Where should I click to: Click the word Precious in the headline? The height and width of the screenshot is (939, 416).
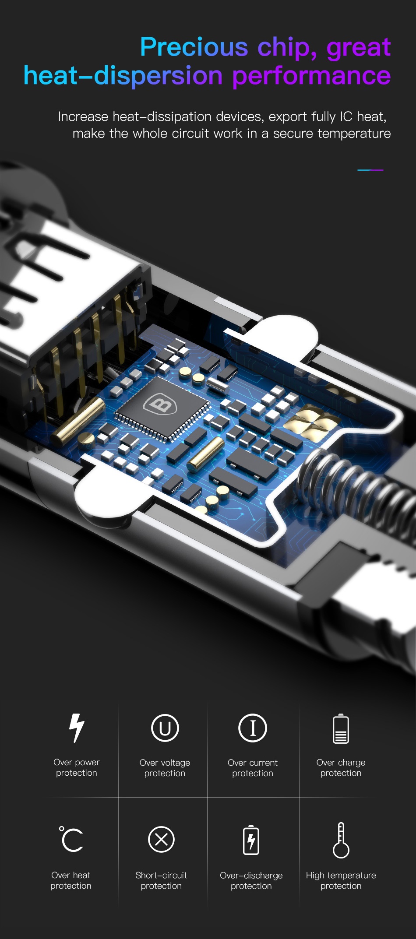pyautogui.click(x=194, y=47)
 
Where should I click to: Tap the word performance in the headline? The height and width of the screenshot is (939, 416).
pyautogui.click(x=311, y=76)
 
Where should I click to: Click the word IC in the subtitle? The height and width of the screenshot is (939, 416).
pyautogui.click(x=346, y=116)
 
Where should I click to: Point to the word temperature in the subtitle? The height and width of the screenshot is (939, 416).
pyautogui.click(x=354, y=134)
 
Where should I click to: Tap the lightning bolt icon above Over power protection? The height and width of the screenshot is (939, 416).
pyautogui.click(x=77, y=728)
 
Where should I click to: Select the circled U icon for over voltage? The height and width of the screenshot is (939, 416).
pyautogui.click(x=165, y=728)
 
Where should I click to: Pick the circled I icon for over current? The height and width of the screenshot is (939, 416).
pyautogui.click(x=253, y=728)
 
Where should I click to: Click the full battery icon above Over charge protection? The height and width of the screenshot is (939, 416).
pyautogui.click(x=341, y=729)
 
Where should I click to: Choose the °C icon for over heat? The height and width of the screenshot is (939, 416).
pyautogui.click(x=71, y=839)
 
